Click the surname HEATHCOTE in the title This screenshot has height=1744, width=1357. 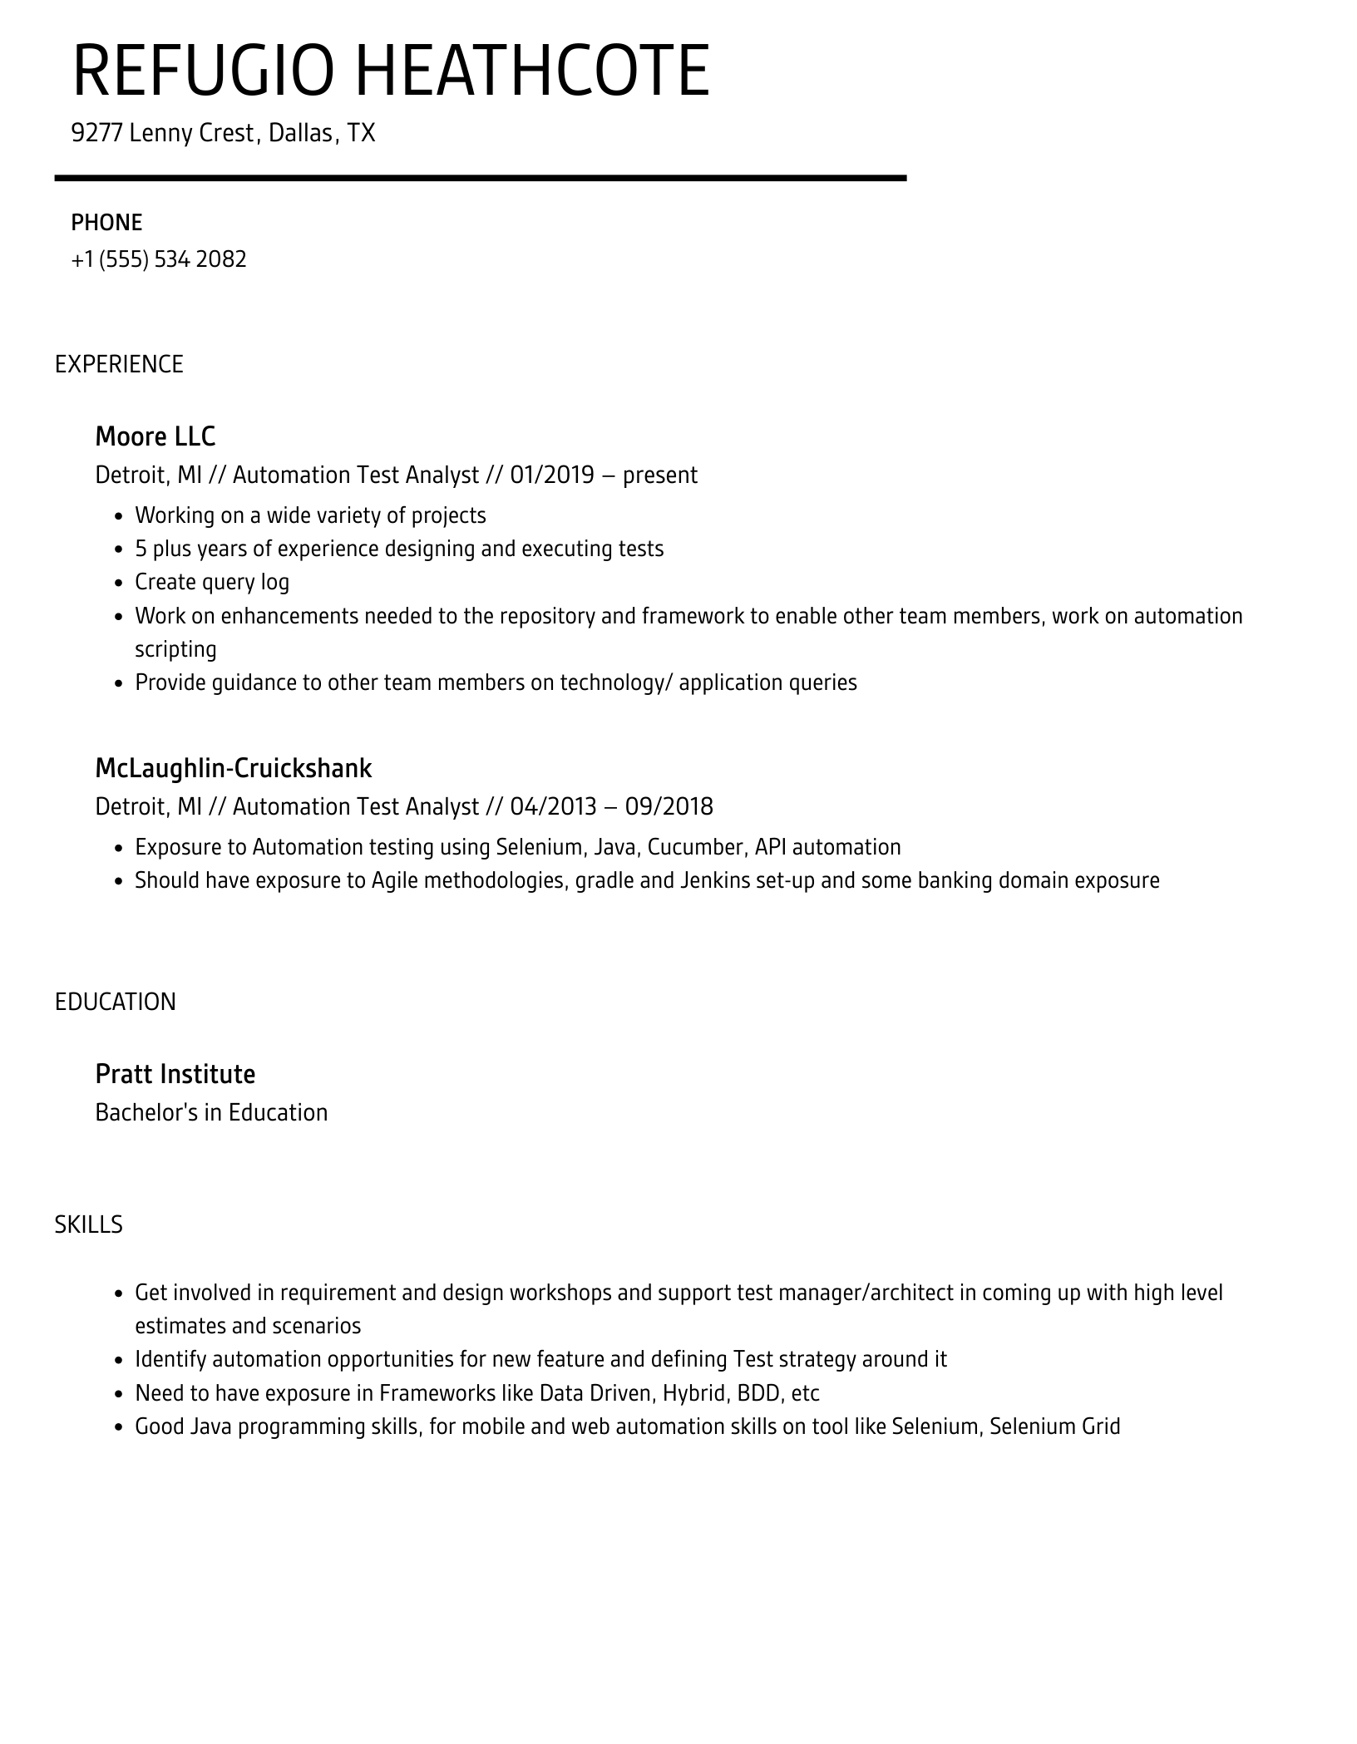click(x=533, y=71)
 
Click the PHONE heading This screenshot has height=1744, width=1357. click(x=106, y=223)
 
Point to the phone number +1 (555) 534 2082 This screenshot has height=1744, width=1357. click(x=159, y=259)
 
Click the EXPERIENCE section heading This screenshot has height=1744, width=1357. click(x=119, y=364)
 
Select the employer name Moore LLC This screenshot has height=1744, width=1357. click(x=155, y=436)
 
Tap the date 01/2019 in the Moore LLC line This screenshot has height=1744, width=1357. click(x=552, y=475)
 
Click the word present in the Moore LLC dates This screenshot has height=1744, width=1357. click(x=660, y=475)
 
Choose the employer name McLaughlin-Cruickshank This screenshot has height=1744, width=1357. click(x=234, y=767)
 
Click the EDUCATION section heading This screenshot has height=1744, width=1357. click(x=116, y=1002)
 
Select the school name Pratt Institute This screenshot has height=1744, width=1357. click(x=175, y=1073)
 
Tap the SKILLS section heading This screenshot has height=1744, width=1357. click(x=89, y=1224)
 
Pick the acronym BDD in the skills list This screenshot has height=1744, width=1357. click(x=757, y=1392)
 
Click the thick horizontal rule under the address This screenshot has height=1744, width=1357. click(x=481, y=178)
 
